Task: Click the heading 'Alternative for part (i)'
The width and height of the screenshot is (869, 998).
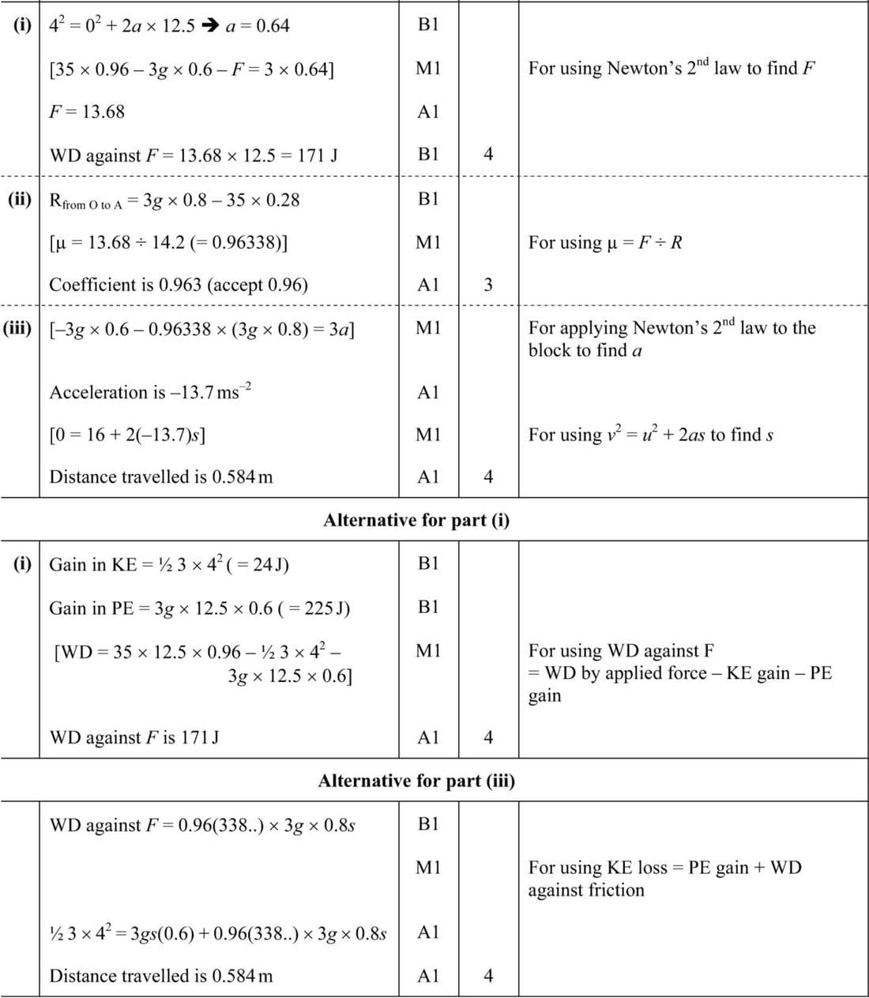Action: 416,520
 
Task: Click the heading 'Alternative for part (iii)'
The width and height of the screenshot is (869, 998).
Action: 416,781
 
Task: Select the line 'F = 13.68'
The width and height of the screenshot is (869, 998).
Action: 87,111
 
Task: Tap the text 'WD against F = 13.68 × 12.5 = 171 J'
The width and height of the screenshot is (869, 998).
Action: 194,155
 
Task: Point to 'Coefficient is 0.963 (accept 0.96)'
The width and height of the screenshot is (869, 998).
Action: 179,284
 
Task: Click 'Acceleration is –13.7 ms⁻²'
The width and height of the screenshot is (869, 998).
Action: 150,391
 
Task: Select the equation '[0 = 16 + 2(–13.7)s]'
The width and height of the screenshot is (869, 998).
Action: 128,435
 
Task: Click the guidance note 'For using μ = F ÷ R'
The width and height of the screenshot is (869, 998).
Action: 605,243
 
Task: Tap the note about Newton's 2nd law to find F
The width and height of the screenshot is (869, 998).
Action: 671,68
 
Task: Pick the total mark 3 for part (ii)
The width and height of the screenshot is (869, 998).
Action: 487,284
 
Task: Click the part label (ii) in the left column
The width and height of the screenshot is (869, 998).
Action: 20,198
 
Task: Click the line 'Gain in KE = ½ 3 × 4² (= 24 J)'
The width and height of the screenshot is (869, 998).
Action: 169,564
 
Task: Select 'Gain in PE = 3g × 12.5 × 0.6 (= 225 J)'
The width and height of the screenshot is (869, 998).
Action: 200,608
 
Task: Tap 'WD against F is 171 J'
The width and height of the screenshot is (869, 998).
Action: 134,737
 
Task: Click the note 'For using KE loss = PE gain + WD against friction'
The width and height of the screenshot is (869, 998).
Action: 664,878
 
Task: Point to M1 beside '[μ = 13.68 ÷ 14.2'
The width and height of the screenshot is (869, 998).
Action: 427,243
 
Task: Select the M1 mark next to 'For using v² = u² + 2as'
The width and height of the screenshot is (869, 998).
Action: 427,435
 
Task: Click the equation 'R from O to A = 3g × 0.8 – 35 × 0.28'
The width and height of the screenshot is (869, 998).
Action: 175,200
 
